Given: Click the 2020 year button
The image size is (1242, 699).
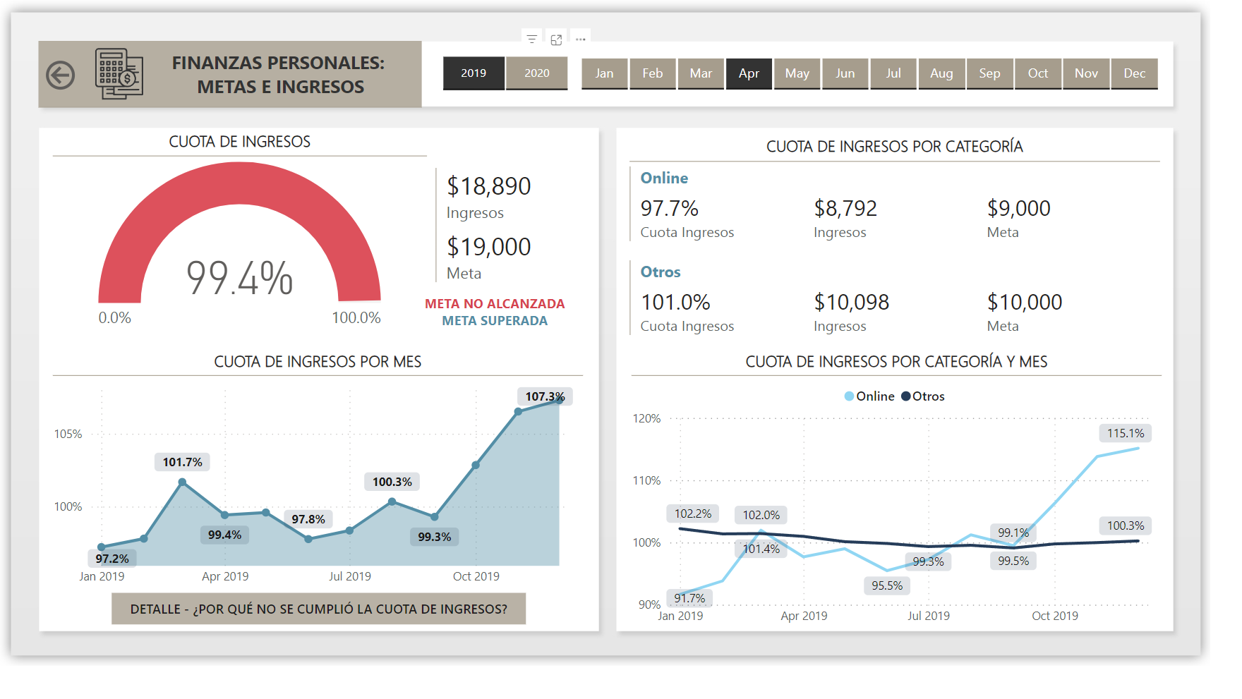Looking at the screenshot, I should [536, 73].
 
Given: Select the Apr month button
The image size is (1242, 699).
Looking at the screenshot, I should [749, 73].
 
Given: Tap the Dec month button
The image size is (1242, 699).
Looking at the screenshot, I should [1134, 73].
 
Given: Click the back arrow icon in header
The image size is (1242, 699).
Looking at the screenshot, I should [61, 75].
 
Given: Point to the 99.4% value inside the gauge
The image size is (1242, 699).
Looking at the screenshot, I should [239, 278].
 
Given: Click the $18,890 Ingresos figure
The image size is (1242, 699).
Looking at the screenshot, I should [488, 186].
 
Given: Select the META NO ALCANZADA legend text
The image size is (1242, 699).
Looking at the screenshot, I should [495, 304].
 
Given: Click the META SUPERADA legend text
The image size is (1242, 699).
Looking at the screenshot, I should [495, 321].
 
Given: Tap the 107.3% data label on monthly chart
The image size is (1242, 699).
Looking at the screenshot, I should [545, 396].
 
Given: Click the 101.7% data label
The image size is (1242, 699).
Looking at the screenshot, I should [182, 462].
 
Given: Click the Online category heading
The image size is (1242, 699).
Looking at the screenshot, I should [664, 178].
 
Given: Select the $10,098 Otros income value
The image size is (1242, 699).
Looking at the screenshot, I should [851, 303].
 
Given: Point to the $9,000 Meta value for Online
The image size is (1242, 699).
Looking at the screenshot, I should [1018, 209].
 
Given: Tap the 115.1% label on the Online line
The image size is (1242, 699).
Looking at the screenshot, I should [1125, 433].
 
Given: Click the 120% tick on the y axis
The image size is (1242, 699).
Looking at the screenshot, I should [646, 419].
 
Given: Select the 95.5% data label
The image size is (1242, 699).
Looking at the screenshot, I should [886, 585].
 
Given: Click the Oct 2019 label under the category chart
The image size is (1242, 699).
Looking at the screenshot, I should [1054, 616].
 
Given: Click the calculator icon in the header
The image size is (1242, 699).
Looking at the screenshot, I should [119, 74].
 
